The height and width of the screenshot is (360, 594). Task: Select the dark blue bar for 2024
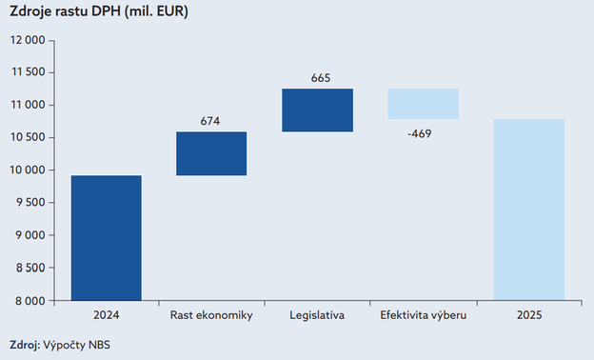(x=107, y=237)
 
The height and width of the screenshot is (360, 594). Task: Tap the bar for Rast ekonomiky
(x=211, y=153)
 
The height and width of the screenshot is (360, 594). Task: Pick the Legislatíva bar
(x=317, y=110)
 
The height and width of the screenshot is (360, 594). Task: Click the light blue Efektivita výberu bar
(x=423, y=104)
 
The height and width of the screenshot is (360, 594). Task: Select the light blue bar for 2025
(x=528, y=209)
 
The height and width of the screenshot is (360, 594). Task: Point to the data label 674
(x=211, y=121)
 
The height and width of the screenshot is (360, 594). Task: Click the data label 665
(x=320, y=77)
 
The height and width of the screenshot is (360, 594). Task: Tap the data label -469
(x=419, y=133)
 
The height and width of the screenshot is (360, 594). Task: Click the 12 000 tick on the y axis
(x=28, y=40)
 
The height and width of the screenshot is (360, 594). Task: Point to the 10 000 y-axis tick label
(x=28, y=170)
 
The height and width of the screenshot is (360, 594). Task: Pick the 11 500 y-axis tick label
(x=28, y=72)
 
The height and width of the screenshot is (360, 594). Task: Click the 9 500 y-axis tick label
(x=30, y=203)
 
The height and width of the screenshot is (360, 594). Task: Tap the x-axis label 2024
(x=107, y=315)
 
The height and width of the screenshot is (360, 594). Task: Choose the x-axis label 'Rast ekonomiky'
(x=211, y=315)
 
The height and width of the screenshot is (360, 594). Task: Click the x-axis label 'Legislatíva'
(x=317, y=315)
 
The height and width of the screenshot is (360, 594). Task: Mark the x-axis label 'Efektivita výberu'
(x=423, y=315)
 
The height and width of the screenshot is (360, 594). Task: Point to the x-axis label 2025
(x=528, y=315)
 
